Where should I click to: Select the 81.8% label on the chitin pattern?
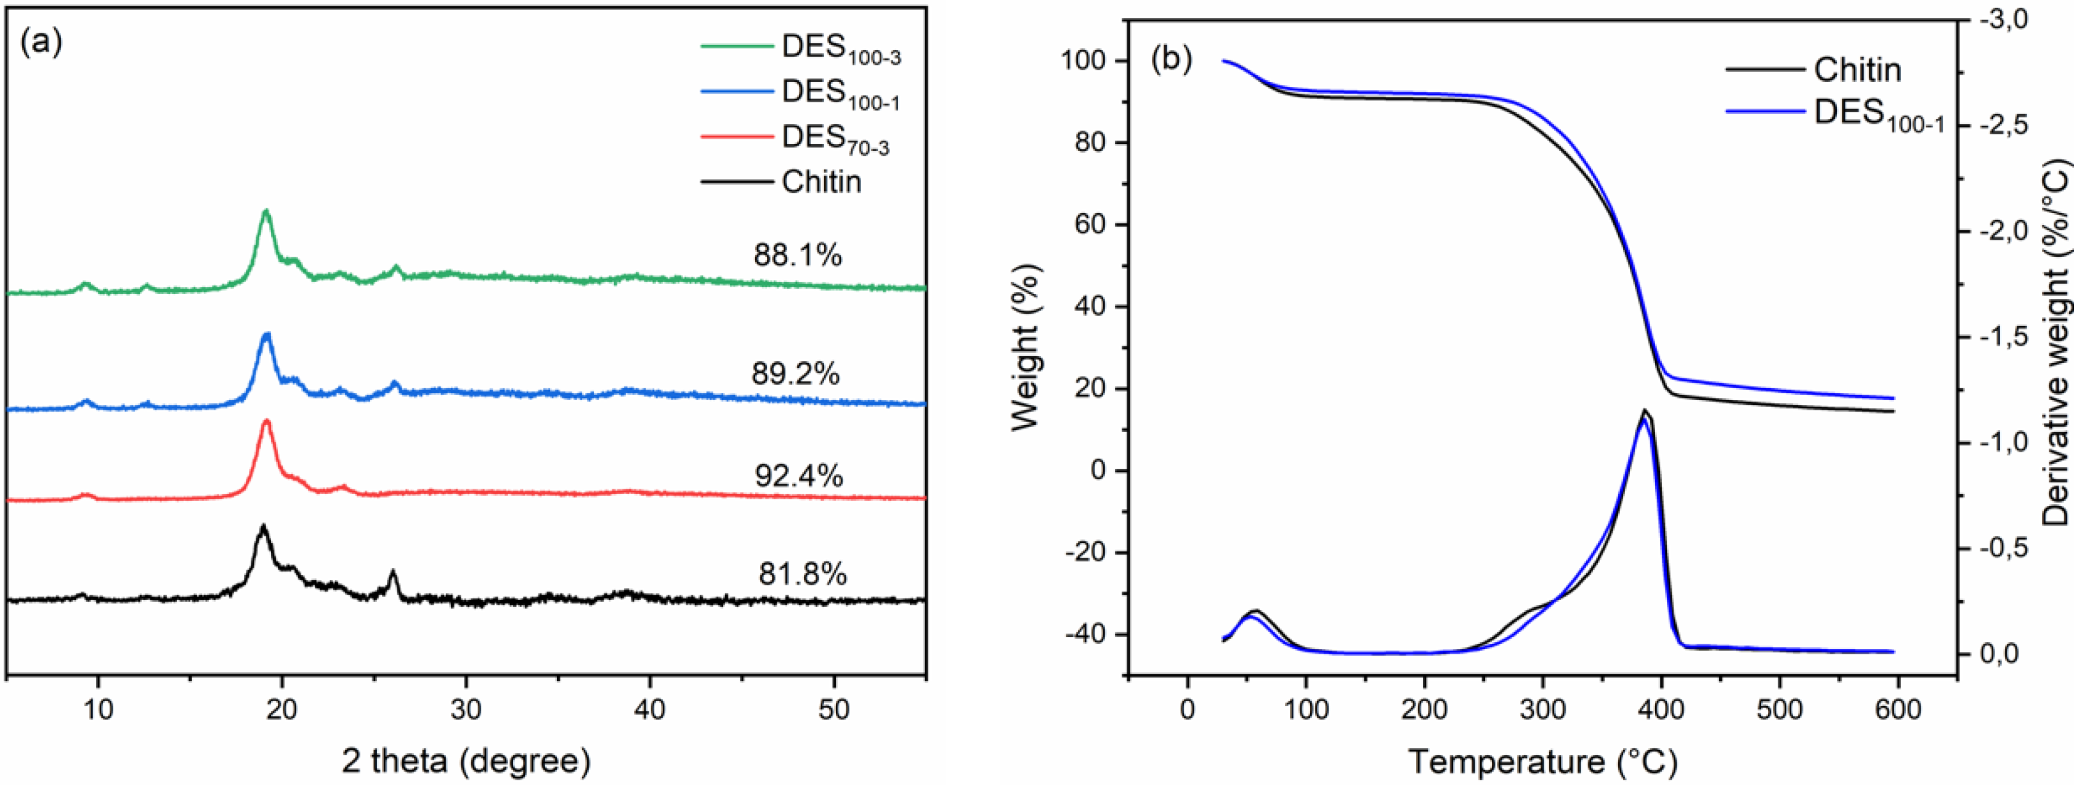(x=802, y=574)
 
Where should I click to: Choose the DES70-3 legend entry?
(x=834, y=139)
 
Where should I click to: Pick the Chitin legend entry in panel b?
(x=1857, y=70)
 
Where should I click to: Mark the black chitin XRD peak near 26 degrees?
(x=393, y=573)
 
